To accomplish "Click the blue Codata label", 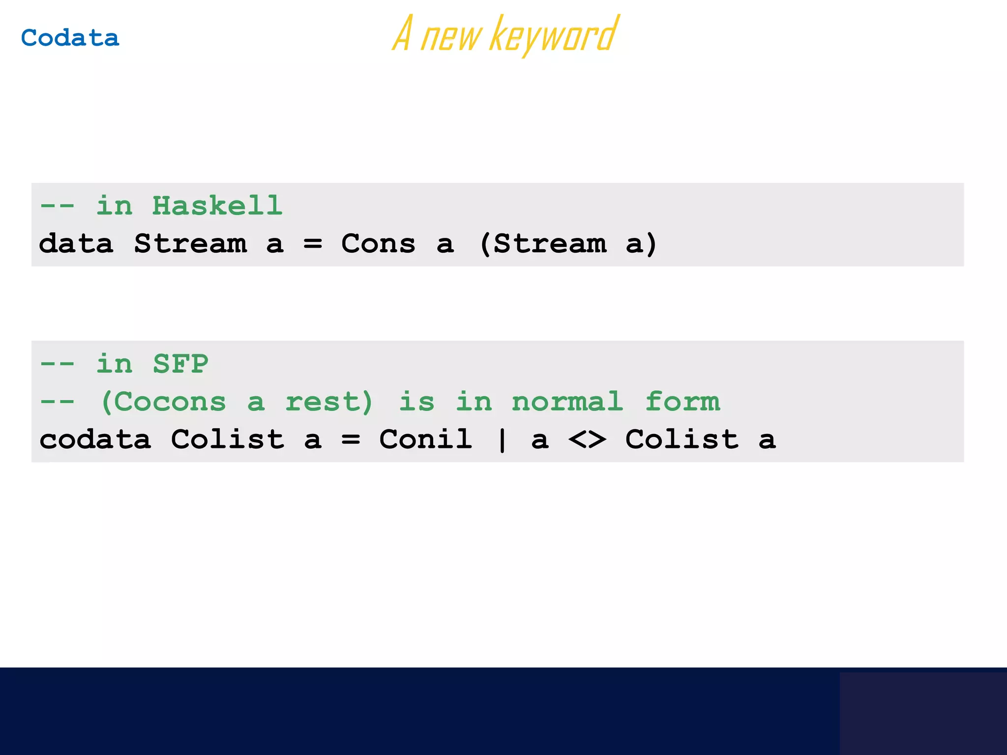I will [x=70, y=38].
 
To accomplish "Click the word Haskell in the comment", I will [x=217, y=205].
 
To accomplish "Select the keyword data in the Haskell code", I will [x=76, y=244].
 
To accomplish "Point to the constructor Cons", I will [x=378, y=244].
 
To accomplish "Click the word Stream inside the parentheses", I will [x=550, y=244].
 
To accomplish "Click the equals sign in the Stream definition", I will [x=313, y=244].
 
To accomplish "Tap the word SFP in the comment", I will [x=180, y=364].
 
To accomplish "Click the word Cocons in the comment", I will [x=170, y=402].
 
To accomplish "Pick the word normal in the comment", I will [x=567, y=402].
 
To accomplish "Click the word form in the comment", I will [x=682, y=402].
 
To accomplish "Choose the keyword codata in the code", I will [x=95, y=439].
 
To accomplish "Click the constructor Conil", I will [x=426, y=439].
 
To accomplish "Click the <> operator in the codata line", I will [x=587, y=439].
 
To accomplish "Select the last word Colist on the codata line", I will [x=682, y=439].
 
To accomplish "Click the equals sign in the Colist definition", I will [x=351, y=439].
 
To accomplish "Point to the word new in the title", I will [x=451, y=37].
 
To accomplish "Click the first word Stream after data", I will [x=190, y=244].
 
